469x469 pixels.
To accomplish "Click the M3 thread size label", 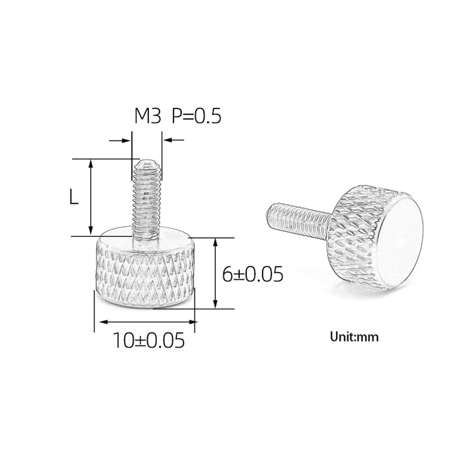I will click(147, 116).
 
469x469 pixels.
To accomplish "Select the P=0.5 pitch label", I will click(196, 116).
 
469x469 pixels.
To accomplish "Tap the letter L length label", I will click(74, 197).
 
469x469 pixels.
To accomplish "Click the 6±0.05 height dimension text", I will click(253, 274).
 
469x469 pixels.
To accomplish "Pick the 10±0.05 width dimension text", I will click(148, 341).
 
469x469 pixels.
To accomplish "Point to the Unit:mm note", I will click(354, 337).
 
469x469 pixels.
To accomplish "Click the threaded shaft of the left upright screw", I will click(147, 202).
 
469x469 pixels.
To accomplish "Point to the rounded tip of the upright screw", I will click(147, 164).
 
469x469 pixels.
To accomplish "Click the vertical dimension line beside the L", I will click(91, 197).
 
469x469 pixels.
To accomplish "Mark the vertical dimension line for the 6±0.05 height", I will click(215, 273).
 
